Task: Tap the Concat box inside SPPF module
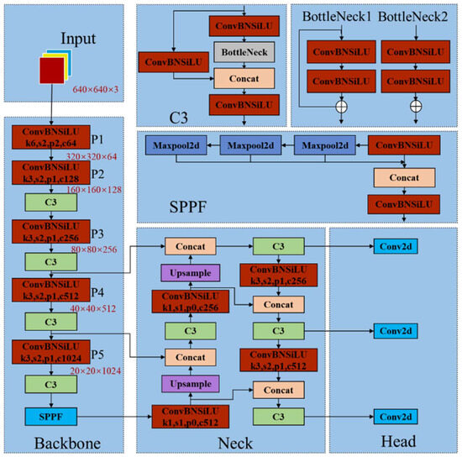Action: pyautogui.click(x=406, y=177)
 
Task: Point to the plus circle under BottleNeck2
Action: pyautogui.click(x=416, y=108)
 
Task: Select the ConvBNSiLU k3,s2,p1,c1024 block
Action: pyautogui.click(x=50, y=353)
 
